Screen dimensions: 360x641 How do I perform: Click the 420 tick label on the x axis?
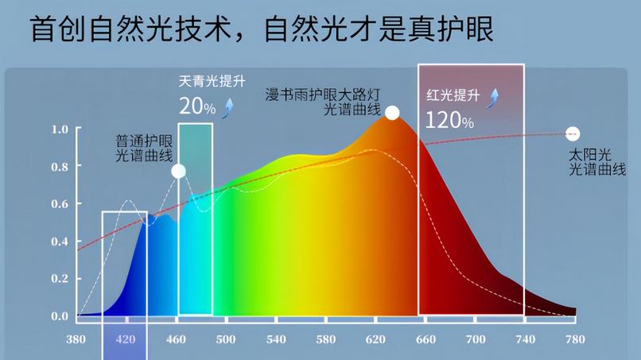tap(125, 339)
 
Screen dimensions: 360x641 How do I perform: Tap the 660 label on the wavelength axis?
tap(426, 339)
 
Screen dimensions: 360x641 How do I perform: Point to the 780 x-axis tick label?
tap(573, 339)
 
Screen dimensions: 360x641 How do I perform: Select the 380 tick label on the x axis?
tap(76, 339)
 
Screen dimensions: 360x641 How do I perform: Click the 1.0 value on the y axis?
tap(60, 130)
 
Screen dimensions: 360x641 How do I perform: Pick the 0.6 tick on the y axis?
tap(60, 204)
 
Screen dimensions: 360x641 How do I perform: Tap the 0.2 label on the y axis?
tap(60, 279)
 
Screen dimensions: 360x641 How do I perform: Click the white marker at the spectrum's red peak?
tap(392, 113)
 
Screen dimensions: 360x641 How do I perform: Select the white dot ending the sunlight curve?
tap(573, 134)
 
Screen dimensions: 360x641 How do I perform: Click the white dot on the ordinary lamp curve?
tap(178, 171)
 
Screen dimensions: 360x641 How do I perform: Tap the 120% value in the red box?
tap(449, 121)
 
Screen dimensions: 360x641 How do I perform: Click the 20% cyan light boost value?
tap(196, 106)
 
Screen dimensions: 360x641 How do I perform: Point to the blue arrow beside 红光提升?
tap(493, 97)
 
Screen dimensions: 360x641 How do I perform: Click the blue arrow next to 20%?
tap(228, 107)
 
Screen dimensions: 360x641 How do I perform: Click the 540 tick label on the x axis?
tap(275, 339)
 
